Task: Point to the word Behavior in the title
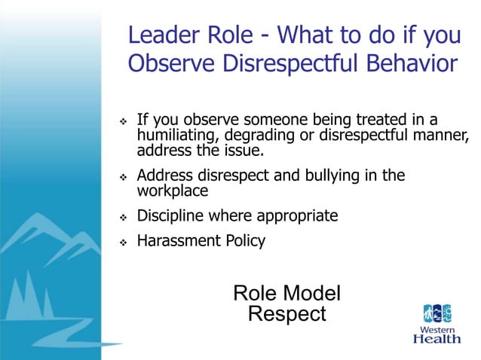(413, 63)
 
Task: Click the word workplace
(172, 191)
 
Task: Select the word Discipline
(171, 216)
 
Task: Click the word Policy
(245, 241)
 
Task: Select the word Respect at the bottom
(287, 314)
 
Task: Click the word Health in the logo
(437, 339)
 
